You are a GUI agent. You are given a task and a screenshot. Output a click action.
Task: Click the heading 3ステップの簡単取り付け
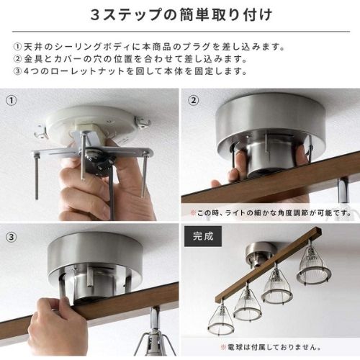tap(181, 15)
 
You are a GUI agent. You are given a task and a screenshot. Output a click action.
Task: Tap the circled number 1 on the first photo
tap(12, 100)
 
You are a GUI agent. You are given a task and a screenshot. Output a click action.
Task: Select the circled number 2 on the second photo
tap(194, 100)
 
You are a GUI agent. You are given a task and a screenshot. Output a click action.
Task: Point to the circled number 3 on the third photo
tap(12, 237)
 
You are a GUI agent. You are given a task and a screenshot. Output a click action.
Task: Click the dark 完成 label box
tap(203, 236)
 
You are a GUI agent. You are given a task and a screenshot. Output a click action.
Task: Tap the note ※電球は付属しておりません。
tap(271, 347)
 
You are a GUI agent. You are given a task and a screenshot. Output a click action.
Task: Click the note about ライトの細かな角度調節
tap(271, 212)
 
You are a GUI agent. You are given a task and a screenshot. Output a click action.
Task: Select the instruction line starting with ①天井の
tap(149, 47)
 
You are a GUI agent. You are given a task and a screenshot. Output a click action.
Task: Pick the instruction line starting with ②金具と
tap(130, 59)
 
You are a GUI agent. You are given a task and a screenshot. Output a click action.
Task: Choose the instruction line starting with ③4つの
tap(130, 71)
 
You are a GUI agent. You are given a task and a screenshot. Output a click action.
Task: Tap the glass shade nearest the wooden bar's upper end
tap(314, 264)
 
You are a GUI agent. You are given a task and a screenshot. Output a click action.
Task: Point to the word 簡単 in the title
tap(197, 15)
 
